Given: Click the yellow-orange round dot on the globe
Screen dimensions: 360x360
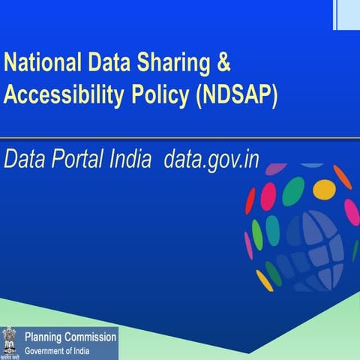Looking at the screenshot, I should tap(324, 189).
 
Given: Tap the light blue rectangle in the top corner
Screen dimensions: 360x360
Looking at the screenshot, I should tap(346, 13).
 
